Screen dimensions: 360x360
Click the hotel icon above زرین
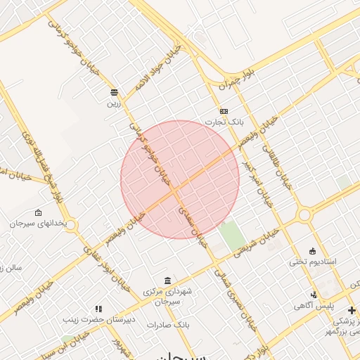(x=114, y=91)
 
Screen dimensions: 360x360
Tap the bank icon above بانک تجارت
(x=224, y=111)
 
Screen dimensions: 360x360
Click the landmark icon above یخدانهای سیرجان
(x=38, y=212)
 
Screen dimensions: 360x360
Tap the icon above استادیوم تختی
(x=313, y=251)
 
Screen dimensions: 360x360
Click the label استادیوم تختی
(x=313, y=262)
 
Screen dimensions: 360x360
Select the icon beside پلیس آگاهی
(x=314, y=295)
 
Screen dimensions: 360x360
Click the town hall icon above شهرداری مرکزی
(x=167, y=281)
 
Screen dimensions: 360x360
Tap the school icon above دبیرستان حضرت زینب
(x=98, y=308)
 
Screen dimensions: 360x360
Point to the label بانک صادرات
(x=169, y=325)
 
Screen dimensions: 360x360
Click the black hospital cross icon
(x=352, y=310)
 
